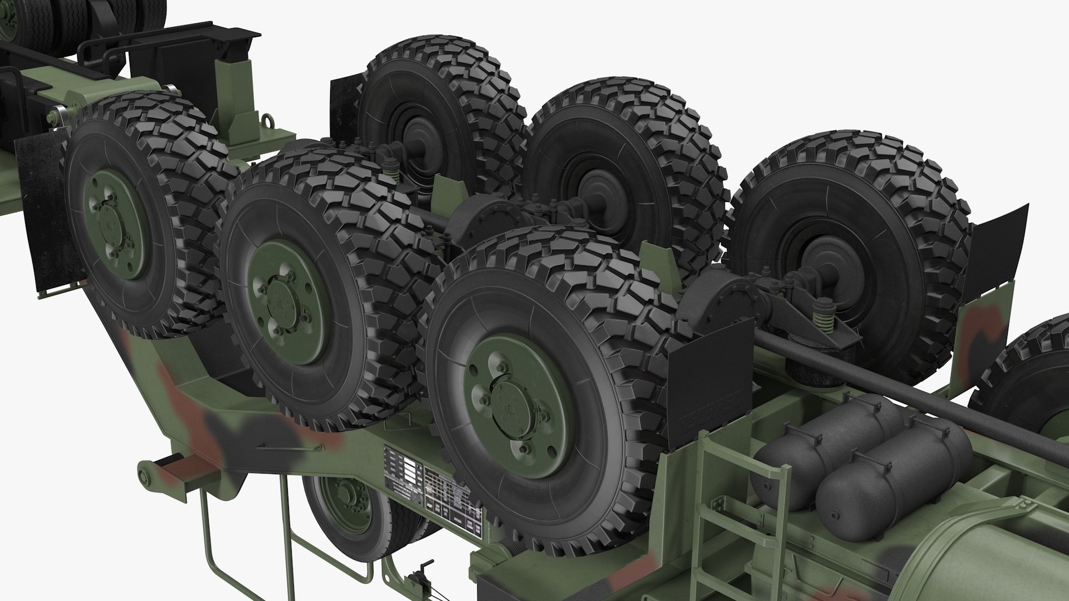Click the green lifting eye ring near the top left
point(269,120)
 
